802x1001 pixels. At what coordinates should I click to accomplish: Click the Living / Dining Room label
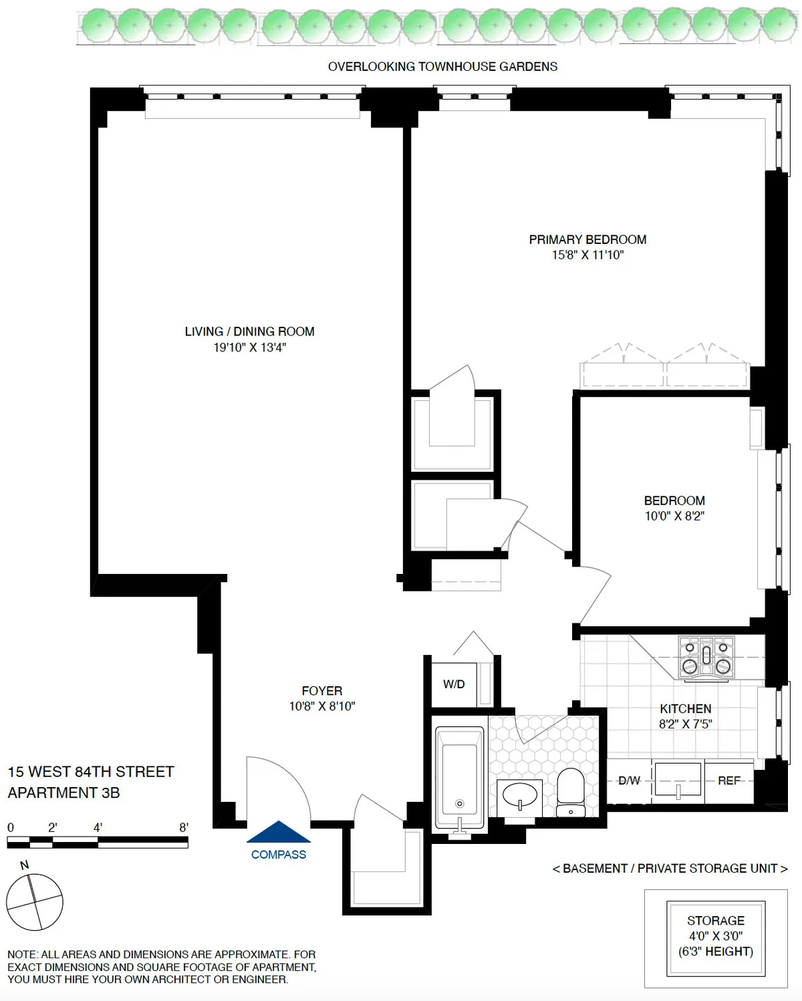point(249,331)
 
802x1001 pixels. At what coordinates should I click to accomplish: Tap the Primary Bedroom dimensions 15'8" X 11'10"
point(587,255)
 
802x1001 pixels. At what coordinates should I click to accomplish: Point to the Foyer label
point(321,691)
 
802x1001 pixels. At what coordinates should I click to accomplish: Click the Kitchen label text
point(685,709)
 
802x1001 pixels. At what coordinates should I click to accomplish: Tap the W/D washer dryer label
point(454,684)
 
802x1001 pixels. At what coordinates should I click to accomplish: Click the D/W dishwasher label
point(629,780)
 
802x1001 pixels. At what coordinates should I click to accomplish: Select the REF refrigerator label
point(728,780)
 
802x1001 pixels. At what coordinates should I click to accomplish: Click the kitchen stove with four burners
point(706,658)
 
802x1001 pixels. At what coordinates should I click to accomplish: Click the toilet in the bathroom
point(570,791)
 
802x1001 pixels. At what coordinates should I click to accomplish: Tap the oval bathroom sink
point(520,796)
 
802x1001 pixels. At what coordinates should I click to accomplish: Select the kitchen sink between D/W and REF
point(678,780)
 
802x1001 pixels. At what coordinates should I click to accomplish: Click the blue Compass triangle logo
point(279,833)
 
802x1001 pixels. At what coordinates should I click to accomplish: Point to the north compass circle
point(35,901)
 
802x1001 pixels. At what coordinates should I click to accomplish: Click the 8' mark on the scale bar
point(184,828)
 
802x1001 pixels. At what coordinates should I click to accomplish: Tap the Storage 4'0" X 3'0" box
point(716,936)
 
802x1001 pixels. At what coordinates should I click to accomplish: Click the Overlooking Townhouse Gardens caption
point(442,67)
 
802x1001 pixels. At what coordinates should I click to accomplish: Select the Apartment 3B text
point(63,793)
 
